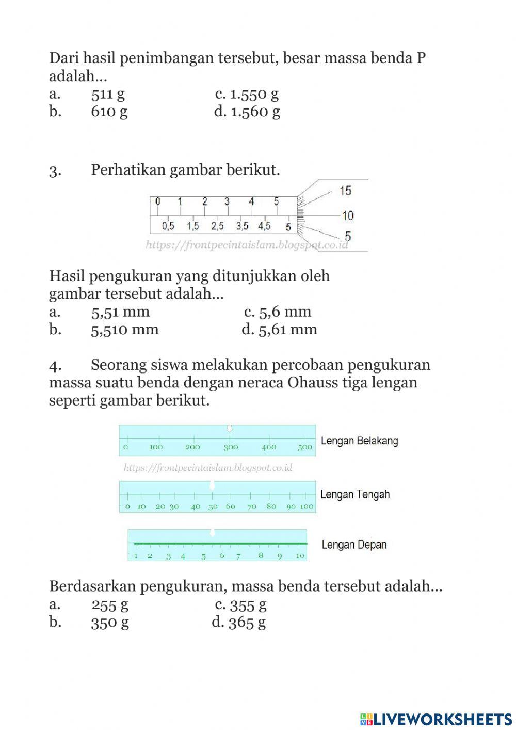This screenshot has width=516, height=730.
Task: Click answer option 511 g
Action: tap(108, 94)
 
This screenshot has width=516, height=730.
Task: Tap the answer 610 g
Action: tap(109, 112)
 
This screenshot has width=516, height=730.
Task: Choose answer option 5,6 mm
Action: tap(285, 312)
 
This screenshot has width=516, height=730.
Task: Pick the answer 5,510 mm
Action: tap(124, 330)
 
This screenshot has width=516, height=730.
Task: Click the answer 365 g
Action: tap(247, 622)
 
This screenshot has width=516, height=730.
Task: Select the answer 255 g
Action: tap(110, 604)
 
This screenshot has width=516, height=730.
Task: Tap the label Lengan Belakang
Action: tap(360, 441)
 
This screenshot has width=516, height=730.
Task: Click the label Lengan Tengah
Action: tap(355, 494)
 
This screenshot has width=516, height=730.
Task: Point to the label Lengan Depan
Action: tap(354, 545)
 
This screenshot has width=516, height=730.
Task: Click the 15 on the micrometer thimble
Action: tap(345, 191)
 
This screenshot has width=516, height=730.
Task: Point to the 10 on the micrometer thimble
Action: tap(347, 215)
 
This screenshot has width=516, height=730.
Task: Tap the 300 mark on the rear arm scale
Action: tap(231, 447)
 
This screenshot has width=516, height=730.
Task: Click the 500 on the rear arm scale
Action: tap(305, 447)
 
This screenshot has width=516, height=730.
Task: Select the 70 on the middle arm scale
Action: tap(252, 507)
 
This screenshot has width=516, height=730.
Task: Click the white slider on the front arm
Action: tap(212, 533)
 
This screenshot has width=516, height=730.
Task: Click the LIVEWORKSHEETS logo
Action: tap(436, 719)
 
